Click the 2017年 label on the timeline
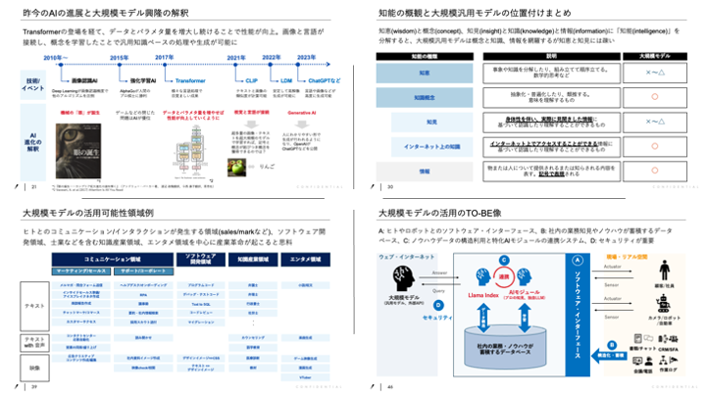click(165, 58)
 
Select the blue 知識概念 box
click(425, 97)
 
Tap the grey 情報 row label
click(425, 170)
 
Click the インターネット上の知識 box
click(425, 146)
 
